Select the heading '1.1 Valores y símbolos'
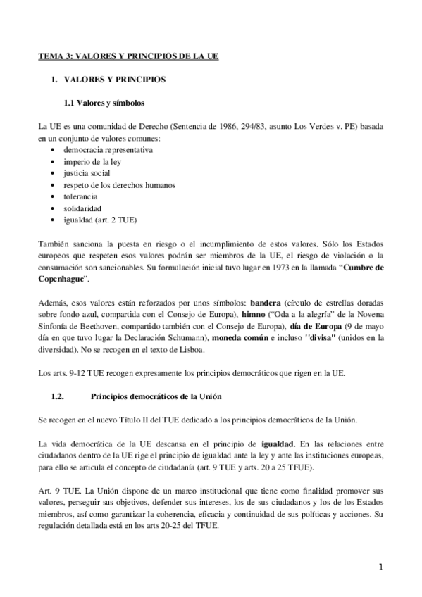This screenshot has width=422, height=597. (x=104, y=103)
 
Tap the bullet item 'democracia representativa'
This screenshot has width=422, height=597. (x=108, y=149)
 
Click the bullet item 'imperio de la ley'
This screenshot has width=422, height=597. (x=92, y=161)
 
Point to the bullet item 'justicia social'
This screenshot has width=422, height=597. (x=87, y=173)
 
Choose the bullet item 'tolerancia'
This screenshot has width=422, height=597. (x=82, y=197)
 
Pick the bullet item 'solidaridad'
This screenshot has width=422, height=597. (x=82, y=209)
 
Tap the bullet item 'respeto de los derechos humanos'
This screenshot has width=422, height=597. (x=119, y=185)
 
